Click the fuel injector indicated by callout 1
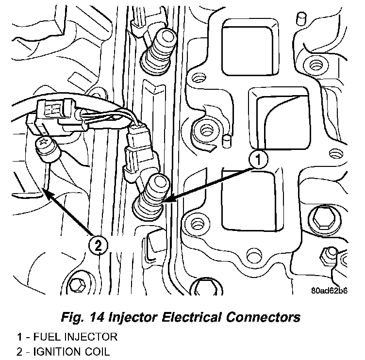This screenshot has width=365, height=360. (x=152, y=196)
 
